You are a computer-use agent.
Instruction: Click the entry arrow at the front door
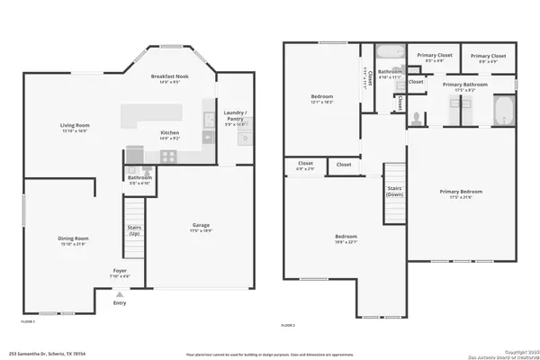(x=120, y=292)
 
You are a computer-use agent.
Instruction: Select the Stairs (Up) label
(x=133, y=232)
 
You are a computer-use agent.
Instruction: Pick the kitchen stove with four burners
(x=167, y=156)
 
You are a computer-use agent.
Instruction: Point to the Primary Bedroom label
(x=461, y=193)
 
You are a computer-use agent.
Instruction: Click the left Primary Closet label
(x=433, y=56)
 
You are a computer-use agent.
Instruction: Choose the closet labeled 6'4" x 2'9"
(x=305, y=166)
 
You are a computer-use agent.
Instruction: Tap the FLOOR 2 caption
(x=288, y=324)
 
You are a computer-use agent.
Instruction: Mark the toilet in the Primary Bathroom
(x=417, y=116)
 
